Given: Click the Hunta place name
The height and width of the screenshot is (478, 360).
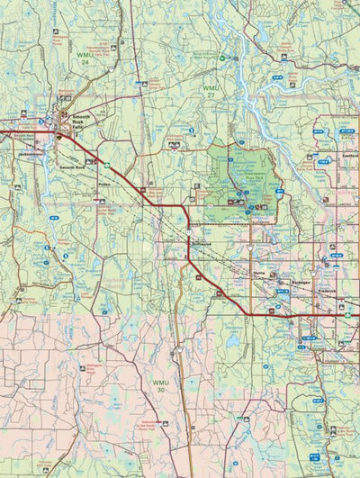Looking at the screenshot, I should click(261, 271).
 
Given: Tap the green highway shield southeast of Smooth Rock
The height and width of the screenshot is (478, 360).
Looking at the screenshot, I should click(105, 165).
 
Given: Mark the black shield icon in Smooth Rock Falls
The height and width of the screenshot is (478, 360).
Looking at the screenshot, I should click(60, 137).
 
